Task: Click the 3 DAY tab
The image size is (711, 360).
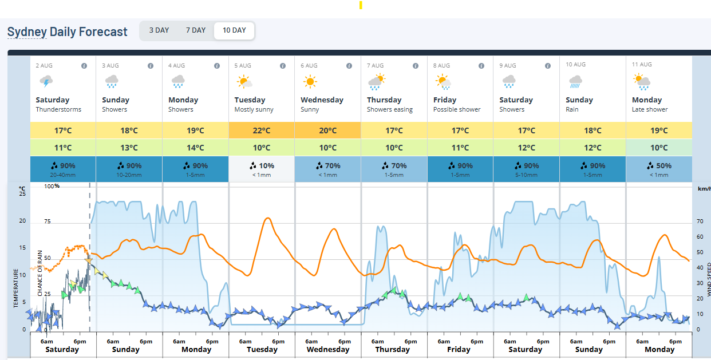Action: (159, 30)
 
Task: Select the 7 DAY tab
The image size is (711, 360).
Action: (195, 30)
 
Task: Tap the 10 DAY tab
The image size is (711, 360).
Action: (234, 30)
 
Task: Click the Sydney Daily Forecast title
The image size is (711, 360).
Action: (67, 32)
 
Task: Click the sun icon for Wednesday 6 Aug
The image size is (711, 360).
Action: (310, 82)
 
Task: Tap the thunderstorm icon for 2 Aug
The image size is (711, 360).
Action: (45, 81)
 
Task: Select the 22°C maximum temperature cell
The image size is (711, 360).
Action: (262, 130)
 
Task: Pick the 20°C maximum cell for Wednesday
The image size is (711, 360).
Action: (327, 130)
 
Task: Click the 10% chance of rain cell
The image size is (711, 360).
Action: (262, 169)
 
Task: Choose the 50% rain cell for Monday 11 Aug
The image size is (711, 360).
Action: (659, 169)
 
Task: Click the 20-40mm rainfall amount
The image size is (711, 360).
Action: (62, 175)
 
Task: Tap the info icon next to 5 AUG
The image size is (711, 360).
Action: (283, 66)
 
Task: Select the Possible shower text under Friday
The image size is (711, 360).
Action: (457, 110)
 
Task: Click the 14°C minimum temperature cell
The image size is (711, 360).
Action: (195, 148)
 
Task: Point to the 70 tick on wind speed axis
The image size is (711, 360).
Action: (700, 221)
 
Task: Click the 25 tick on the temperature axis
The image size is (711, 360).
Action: (22, 194)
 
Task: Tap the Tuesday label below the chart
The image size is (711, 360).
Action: (262, 349)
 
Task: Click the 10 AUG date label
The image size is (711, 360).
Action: (575, 65)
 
